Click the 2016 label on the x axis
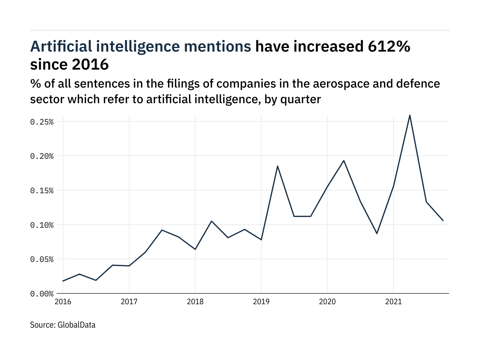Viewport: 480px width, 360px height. point(63,301)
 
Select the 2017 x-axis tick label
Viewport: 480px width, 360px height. point(129,301)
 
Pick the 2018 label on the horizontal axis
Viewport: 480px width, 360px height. point(195,301)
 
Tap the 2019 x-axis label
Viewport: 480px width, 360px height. point(261,301)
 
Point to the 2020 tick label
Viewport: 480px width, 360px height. point(327,301)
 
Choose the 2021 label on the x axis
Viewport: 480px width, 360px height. point(393,301)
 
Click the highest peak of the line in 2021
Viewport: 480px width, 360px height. point(410,115)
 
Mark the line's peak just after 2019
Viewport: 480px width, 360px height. point(277,166)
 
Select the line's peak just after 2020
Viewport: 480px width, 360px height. point(344,160)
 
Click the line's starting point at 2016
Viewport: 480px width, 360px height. point(63,281)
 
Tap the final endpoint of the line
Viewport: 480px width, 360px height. point(443,220)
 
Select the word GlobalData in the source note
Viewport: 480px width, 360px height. point(76,325)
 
